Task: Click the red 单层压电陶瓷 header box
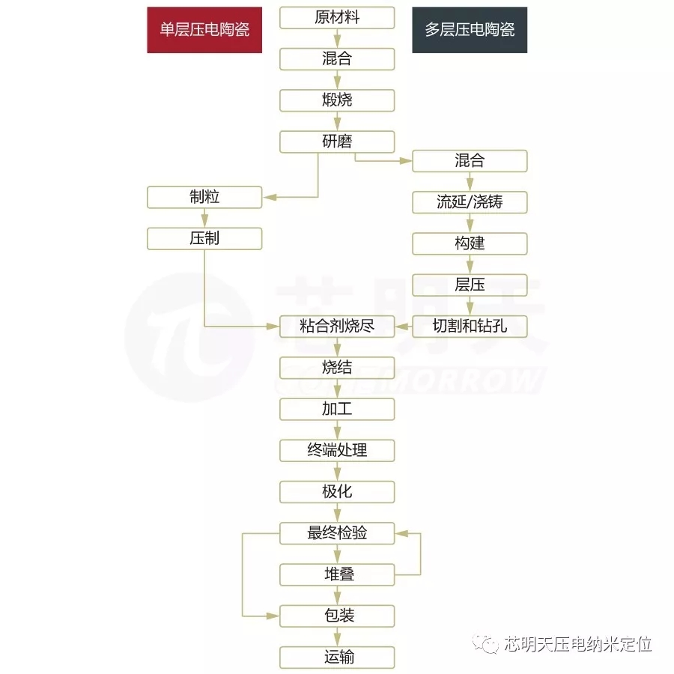point(204,30)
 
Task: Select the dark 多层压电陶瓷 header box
point(470,30)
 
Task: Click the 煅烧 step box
point(337,100)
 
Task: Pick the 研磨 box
point(337,141)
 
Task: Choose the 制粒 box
point(204,198)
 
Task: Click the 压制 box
point(204,239)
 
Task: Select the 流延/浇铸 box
point(470,201)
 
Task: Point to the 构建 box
point(470,243)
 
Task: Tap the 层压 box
point(470,285)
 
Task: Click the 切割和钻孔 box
point(470,326)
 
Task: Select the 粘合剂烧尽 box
point(337,326)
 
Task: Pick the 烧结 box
point(337,367)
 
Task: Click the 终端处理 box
point(337,450)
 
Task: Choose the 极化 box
point(337,491)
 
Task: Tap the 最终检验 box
point(337,533)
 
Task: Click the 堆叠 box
point(337,574)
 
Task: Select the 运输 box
point(337,658)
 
